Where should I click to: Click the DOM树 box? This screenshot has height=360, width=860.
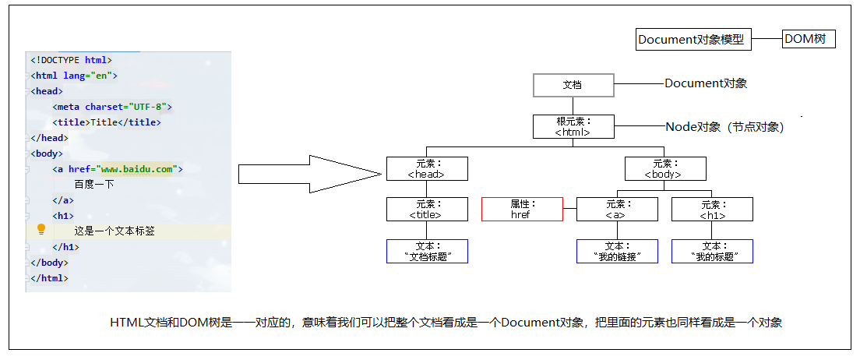[809, 39]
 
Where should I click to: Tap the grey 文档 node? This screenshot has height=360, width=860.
[573, 85]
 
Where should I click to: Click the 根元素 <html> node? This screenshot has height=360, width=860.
[573, 127]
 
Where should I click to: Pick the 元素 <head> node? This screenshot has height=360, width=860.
[427, 169]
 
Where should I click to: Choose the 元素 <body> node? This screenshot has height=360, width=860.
[665, 169]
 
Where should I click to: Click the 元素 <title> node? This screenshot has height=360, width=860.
[427, 210]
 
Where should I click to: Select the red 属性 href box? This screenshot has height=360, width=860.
[521, 210]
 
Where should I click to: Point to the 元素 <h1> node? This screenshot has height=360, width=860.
[712, 210]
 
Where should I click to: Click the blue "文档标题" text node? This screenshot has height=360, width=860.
[427, 251]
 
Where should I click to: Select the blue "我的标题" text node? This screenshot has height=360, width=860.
[712, 251]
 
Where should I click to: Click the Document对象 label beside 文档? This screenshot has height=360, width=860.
[706, 83]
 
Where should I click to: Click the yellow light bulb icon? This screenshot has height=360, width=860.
[42, 229]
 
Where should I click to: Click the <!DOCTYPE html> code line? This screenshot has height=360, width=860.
[72, 59]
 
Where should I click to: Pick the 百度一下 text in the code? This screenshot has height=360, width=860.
[94, 185]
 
